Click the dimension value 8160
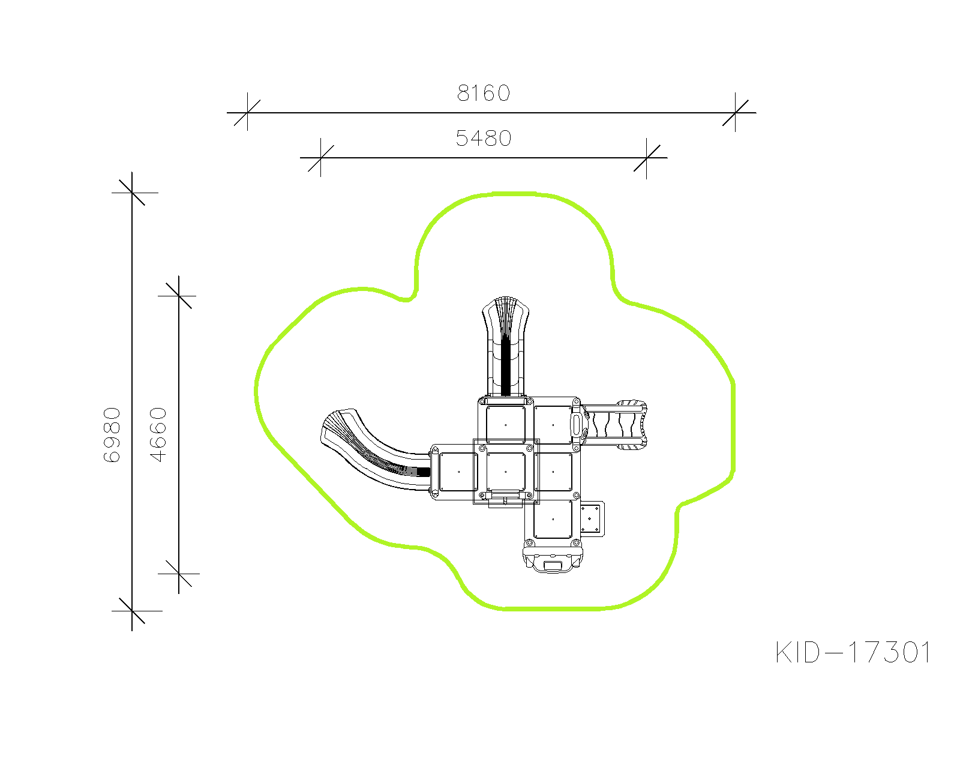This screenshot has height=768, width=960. coord(484,93)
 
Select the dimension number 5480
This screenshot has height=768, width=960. coord(484,139)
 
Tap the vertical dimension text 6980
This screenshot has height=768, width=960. coord(112,434)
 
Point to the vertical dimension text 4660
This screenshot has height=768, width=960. coord(158,434)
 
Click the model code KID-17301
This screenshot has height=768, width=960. coord(853,652)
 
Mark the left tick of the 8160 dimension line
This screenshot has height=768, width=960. coord(248,112)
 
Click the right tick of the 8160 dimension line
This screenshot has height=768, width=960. coord(735,112)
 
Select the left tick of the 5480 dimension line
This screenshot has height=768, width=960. coord(321,158)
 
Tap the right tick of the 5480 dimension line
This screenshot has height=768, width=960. coord(646,158)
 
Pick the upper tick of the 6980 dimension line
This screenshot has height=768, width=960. coord(132,193)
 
